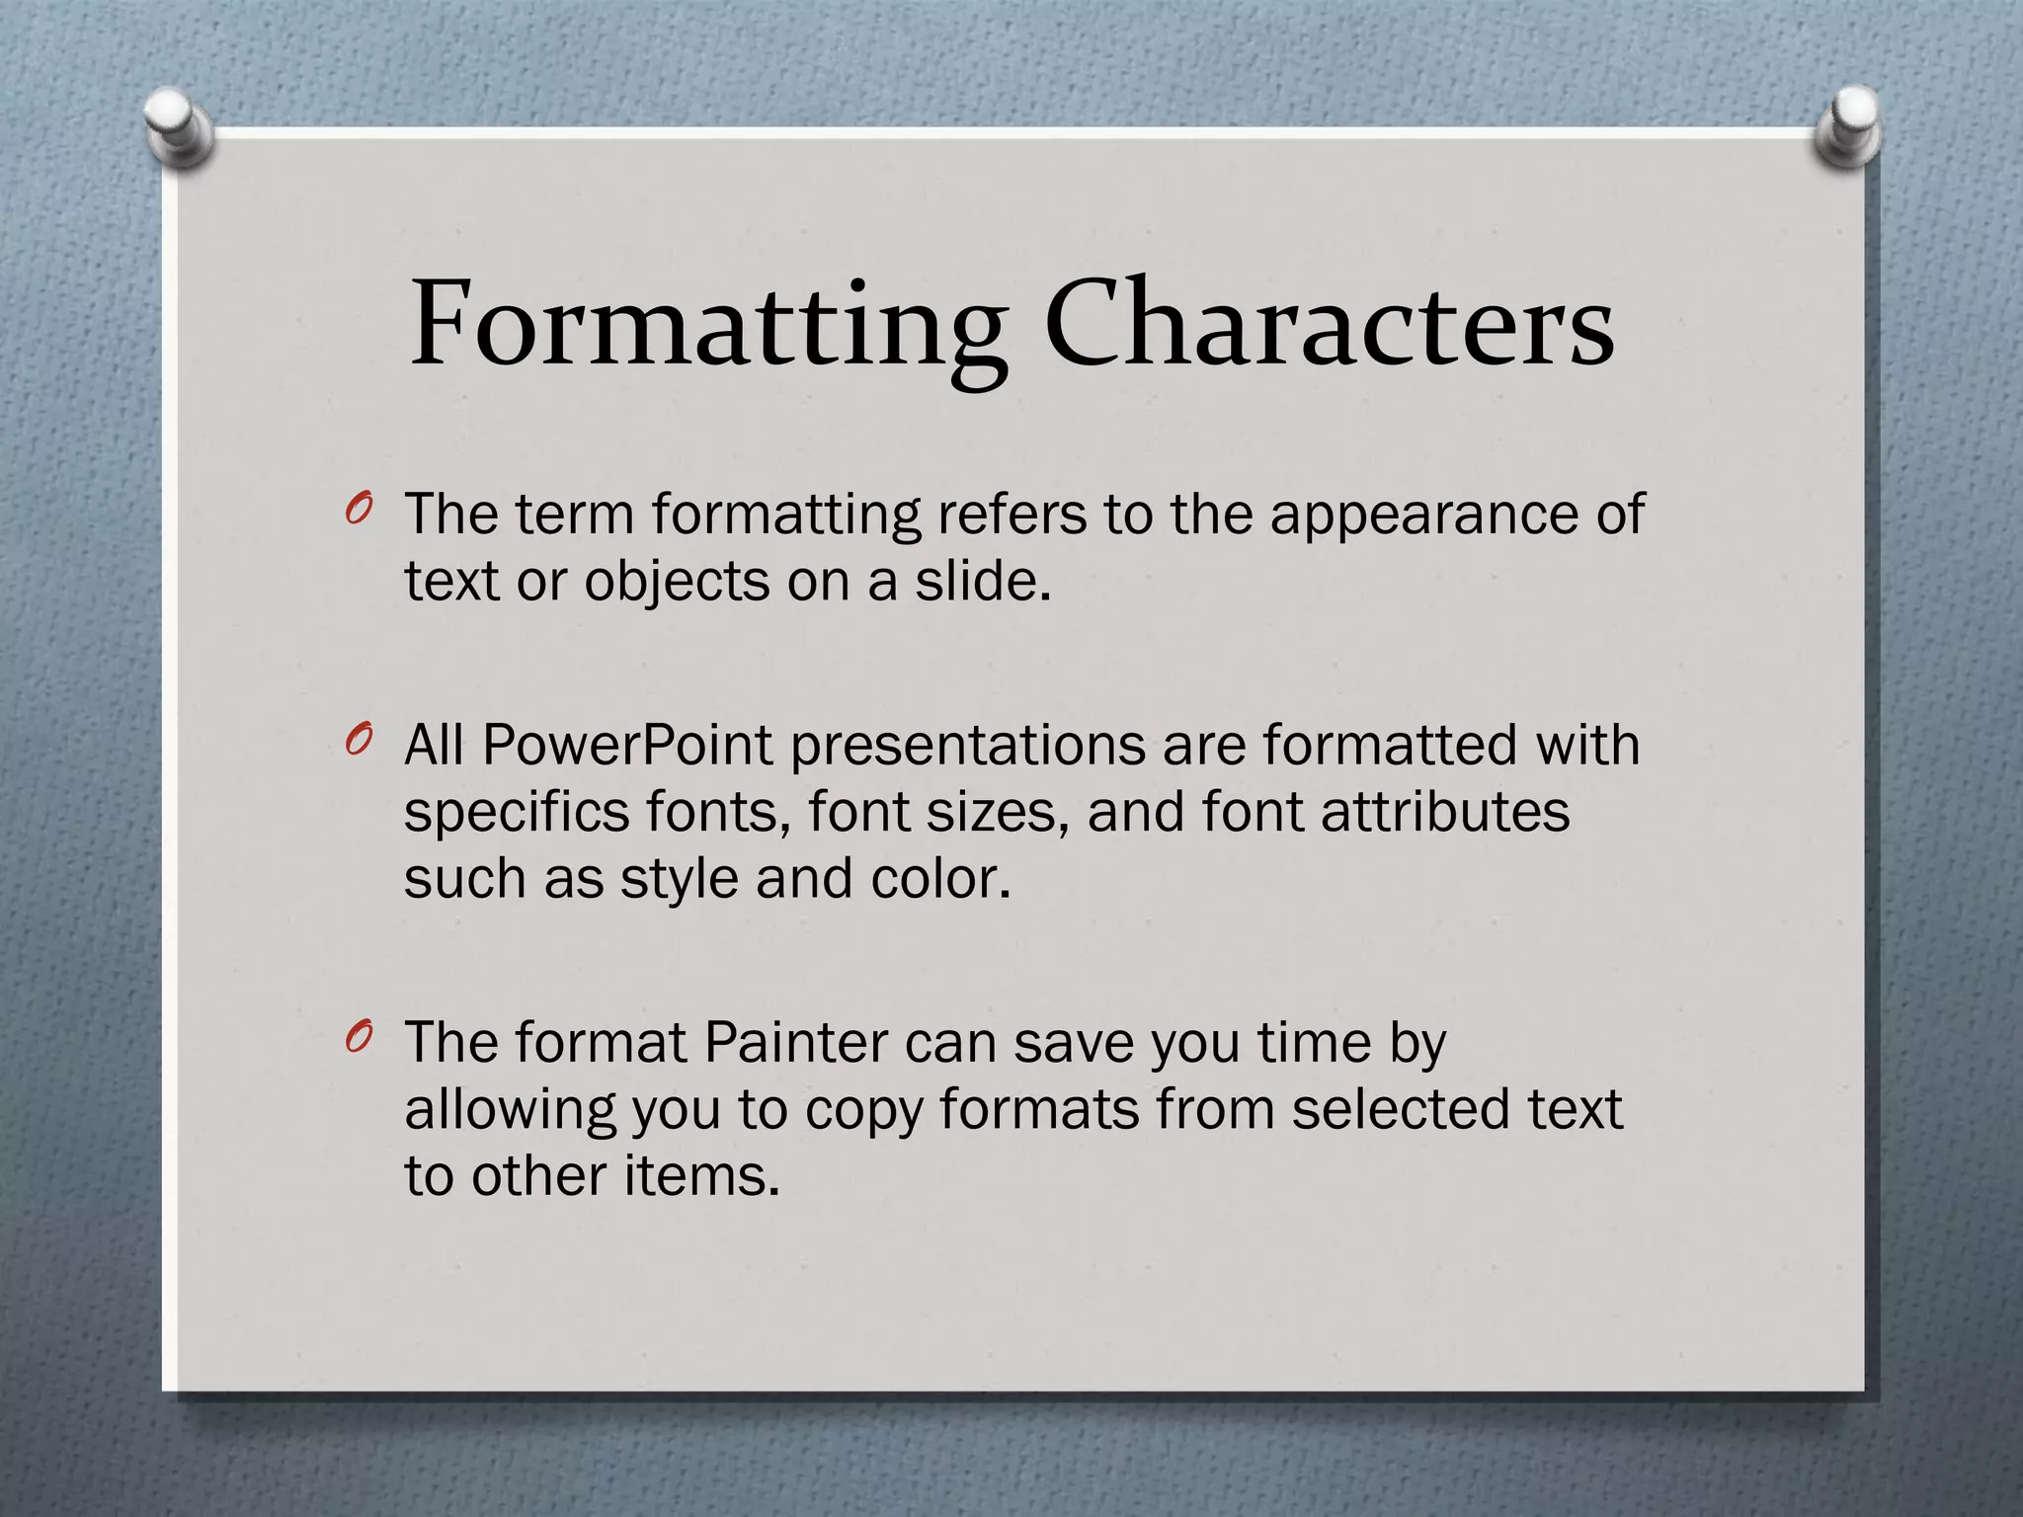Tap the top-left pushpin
pyautogui.click(x=179, y=125)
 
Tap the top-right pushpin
pyautogui.click(x=1848, y=125)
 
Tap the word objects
pyautogui.click(x=677, y=583)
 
